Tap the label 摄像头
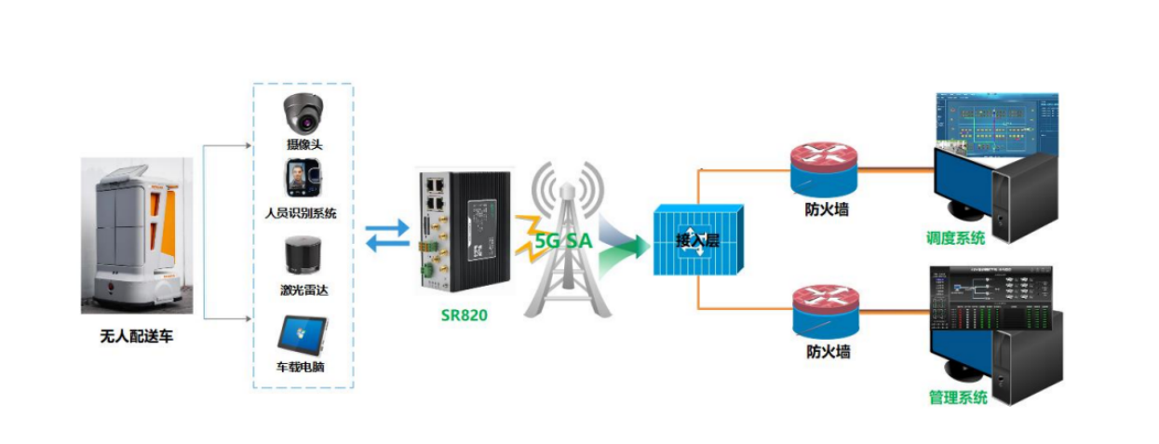point(304,144)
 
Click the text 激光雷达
point(303,289)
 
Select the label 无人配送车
point(136,337)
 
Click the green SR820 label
point(465,315)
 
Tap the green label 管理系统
point(957,398)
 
